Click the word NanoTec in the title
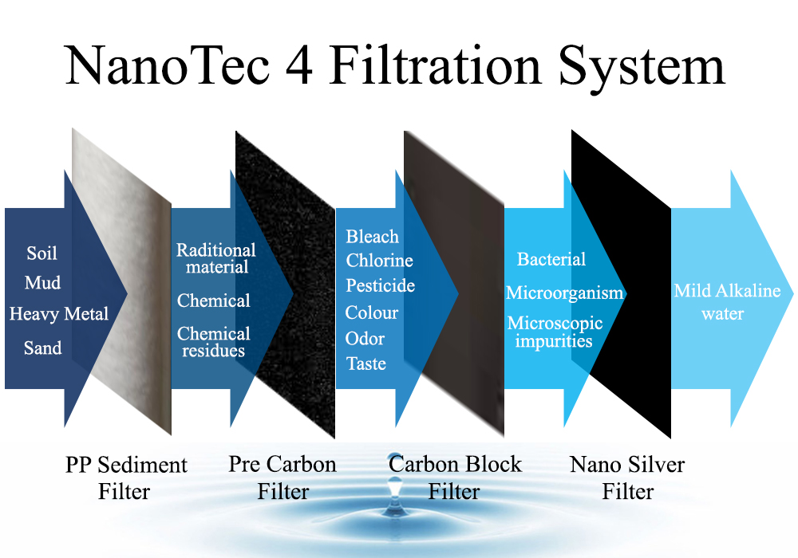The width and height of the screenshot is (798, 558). point(168,65)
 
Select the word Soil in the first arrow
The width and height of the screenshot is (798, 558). point(41,253)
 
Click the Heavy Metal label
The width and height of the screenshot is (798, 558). point(59,314)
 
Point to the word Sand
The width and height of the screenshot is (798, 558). point(43,348)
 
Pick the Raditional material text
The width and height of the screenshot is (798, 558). point(216,258)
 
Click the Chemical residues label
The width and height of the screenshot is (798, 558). point(214,341)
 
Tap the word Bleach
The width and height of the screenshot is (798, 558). point(373,236)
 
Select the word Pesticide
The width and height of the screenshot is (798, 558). point(380,285)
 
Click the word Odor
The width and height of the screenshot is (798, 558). point(365,339)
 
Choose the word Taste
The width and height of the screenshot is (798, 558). point(366,363)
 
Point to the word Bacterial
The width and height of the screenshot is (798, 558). point(551,259)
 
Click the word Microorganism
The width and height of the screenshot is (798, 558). point(564,293)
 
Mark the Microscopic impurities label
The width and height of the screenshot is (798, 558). point(555,332)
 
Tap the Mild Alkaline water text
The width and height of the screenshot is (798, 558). point(727,302)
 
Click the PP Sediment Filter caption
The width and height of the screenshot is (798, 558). point(126,477)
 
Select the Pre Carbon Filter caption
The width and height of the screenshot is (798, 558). point(282,477)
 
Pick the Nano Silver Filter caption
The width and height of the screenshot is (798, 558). point(627,477)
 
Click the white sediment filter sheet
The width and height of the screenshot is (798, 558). point(121,281)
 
